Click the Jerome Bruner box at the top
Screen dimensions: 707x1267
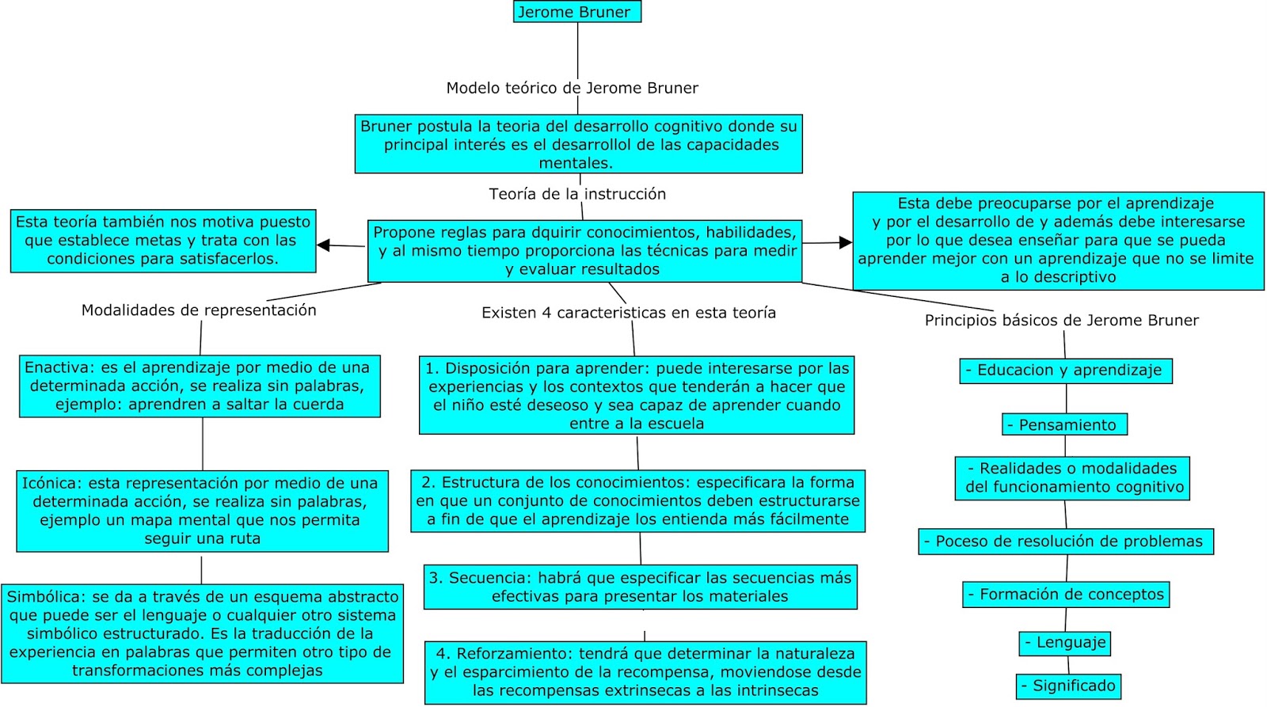(576, 12)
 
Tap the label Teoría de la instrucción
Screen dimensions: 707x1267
(577, 194)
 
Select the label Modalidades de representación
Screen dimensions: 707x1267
(199, 310)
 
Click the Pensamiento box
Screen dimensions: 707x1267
(1064, 425)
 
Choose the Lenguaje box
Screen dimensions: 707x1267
(1064, 643)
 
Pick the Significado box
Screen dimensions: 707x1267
(1068, 686)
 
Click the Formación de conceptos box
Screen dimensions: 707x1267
(1066, 595)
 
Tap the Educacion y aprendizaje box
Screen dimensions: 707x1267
(1065, 371)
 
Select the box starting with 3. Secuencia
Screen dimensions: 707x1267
(640, 587)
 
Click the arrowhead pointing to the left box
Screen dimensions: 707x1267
(323, 245)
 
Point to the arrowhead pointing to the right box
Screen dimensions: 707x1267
(846, 242)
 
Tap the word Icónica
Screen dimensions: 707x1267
(51, 483)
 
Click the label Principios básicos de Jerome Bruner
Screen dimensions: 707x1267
(1061, 321)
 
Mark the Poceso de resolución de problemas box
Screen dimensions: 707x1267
(1066, 542)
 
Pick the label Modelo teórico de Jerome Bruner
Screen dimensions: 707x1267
(572, 88)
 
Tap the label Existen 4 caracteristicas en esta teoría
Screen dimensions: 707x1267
(628, 313)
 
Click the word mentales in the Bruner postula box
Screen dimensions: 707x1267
(575, 163)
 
